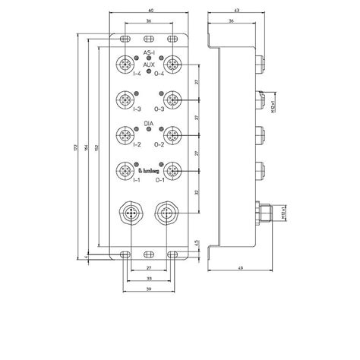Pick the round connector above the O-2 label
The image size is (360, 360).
(x=172, y=134)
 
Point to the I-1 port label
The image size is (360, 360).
(x=137, y=180)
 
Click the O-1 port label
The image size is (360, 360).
(x=160, y=180)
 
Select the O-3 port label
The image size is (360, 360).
(x=160, y=110)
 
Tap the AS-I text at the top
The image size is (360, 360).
(x=149, y=52)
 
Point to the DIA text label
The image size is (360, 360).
(x=149, y=122)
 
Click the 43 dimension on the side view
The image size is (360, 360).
(x=237, y=11)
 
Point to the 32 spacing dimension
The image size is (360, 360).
(x=197, y=193)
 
